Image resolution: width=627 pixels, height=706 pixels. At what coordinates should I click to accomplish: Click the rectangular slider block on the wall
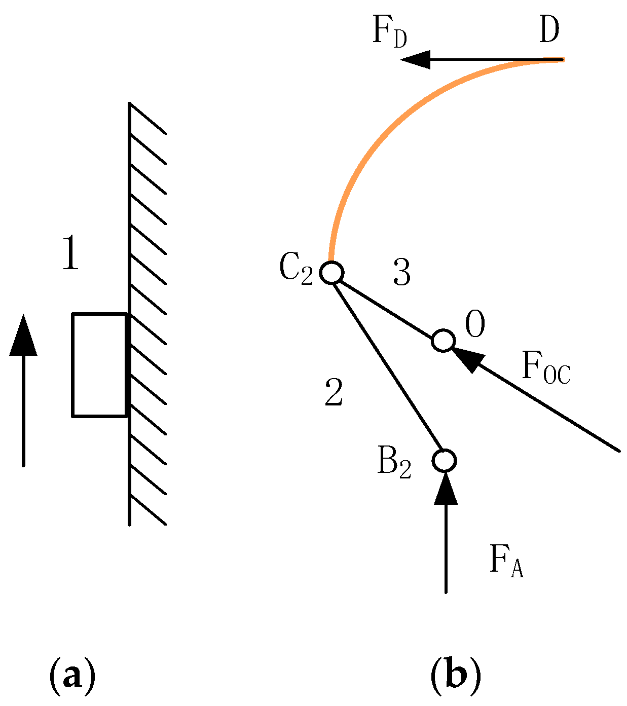[99, 365]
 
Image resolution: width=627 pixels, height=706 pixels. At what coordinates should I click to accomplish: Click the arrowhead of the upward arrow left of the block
[23, 335]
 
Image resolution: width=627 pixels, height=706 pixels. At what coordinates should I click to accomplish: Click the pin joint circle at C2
[332, 272]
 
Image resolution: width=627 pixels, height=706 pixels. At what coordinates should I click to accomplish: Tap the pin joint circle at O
[444, 340]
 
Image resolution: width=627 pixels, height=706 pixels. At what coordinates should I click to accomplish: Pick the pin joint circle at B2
[445, 460]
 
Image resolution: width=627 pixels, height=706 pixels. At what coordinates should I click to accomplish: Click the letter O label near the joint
[475, 324]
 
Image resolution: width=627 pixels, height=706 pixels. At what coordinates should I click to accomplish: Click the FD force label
[389, 32]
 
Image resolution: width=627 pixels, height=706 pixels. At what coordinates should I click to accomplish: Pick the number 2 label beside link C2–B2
[334, 392]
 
